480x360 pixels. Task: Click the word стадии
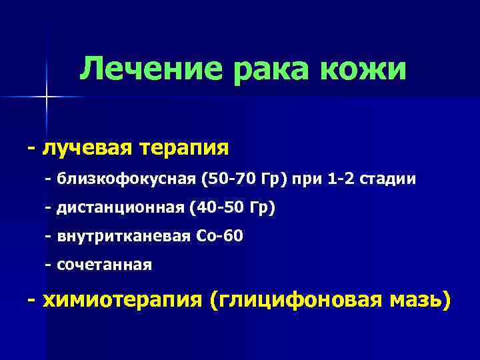[x=393, y=179]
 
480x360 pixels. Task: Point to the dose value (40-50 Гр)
[x=231, y=208]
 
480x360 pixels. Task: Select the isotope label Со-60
[x=220, y=237]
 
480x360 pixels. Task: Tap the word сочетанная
[x=105, y=265]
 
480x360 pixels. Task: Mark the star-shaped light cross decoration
[x=47, y=97]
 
